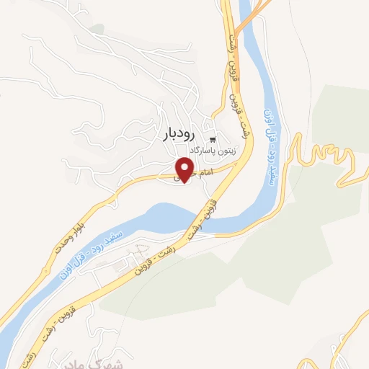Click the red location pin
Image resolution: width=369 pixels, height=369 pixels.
click(184, 169)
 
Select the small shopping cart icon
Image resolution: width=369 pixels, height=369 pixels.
click(212, 139)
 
